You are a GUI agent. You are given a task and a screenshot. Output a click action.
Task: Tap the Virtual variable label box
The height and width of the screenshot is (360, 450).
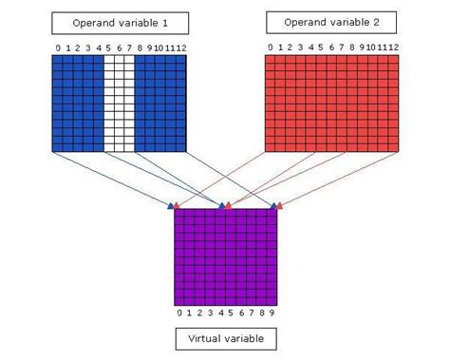(x=225, y=337)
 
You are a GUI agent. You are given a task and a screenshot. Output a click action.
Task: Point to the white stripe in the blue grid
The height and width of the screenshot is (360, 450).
(x=119, y=104)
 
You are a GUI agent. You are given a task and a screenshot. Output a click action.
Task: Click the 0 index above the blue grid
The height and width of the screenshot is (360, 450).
(x=57, y=47)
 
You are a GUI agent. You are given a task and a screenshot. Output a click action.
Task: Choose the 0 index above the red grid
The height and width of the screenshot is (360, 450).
(x=269, y=47)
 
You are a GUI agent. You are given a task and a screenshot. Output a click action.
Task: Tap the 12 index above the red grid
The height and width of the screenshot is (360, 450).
(x=391, y=47)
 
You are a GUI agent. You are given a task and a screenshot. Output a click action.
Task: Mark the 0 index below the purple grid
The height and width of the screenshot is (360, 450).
(x=178, y=312)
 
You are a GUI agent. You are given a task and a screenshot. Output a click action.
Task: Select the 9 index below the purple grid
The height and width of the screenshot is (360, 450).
(x=272, y=312)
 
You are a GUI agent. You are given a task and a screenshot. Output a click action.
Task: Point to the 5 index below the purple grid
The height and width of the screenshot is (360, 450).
(x=231, y=312)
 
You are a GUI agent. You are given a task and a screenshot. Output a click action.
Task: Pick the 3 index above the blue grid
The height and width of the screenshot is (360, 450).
(x=87, y=47)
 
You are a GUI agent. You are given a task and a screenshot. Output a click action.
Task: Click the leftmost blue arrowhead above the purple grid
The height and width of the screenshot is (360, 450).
(x=172, y=203)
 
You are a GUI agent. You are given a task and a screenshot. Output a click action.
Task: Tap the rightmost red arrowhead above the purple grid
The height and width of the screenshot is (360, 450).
(x=282, y=203)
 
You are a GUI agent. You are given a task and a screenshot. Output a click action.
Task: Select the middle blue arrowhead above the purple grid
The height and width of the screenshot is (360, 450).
(x=222, y=203)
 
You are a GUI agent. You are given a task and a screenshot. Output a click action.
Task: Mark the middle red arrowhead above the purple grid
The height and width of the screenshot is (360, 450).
(x=230, y=203)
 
